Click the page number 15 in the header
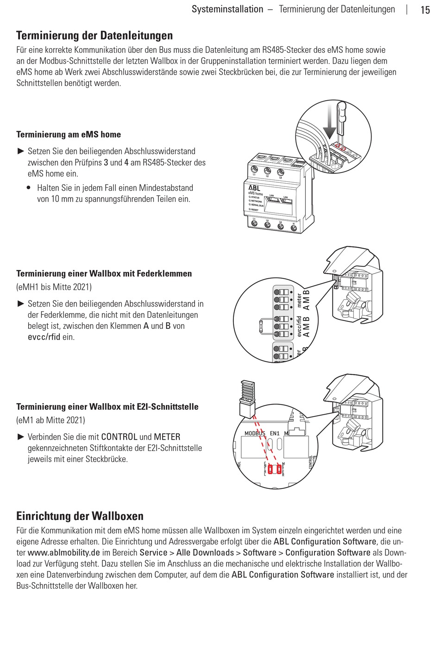(425, 10)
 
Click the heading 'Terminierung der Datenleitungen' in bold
(94, 35)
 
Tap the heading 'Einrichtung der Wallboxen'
(80, 516)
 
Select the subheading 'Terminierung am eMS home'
(69, 135)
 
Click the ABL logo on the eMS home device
(254, 188)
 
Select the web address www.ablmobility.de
(63, 552)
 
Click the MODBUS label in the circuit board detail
(255, 433)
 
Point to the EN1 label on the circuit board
(275, 433)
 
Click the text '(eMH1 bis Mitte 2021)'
(54, 287)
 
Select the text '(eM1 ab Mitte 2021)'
(50, 420)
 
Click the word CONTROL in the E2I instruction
(119, 437)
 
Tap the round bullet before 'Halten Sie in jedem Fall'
(29, 188)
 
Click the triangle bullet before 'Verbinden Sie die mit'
(20, 437)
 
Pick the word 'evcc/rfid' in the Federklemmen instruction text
(44, 337)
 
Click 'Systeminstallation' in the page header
(227, 9)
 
